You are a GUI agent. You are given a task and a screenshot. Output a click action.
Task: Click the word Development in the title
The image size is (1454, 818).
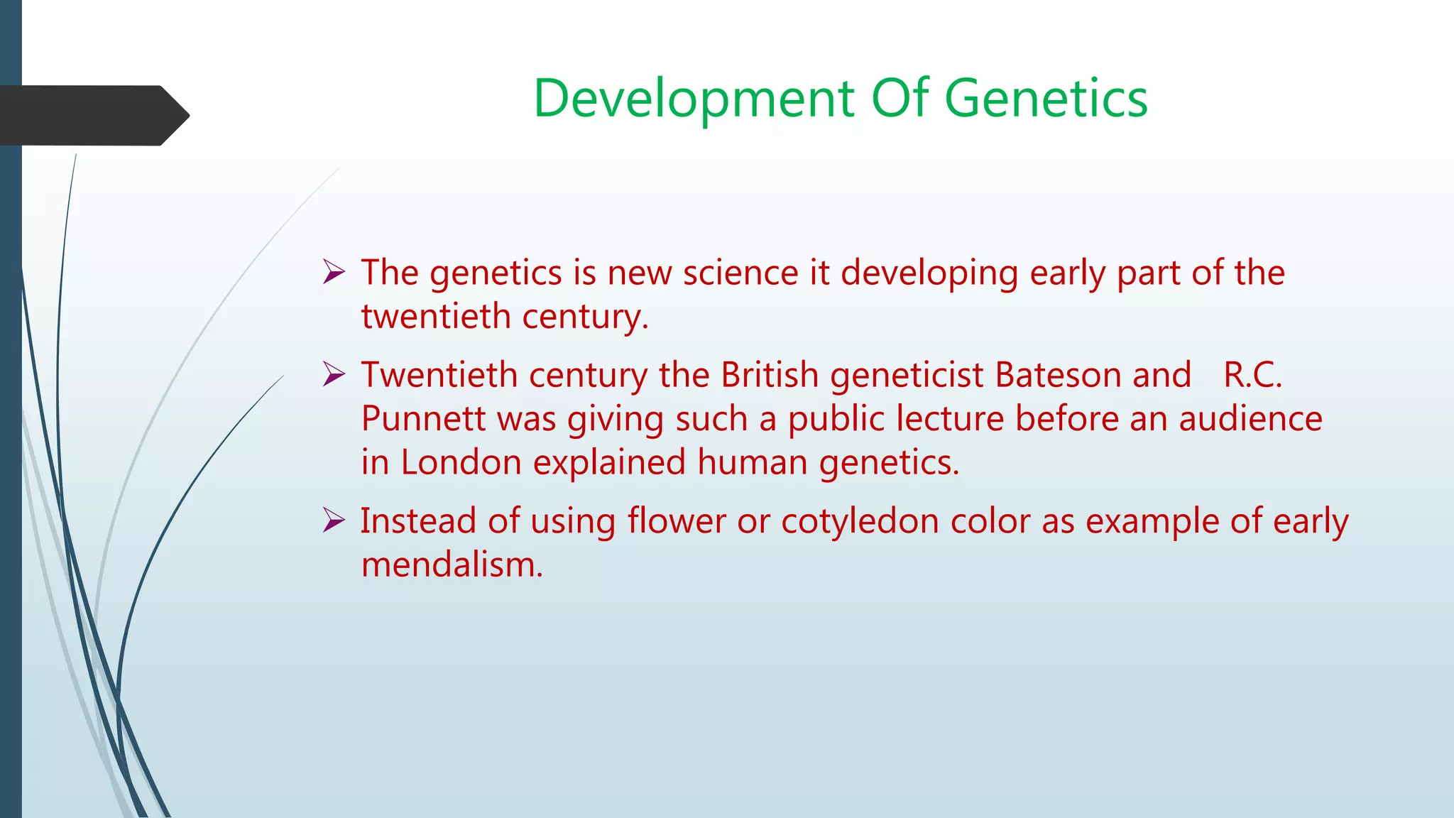coord(694,99)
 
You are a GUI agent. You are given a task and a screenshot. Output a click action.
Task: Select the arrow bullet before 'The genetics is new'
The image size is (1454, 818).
coord(334,272)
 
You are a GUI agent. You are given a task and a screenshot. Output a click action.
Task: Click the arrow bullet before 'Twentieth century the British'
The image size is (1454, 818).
coord(334,374)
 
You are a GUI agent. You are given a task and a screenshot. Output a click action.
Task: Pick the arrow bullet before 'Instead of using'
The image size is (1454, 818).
coord(334,520)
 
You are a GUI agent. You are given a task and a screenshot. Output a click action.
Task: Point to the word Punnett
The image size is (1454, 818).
coord(423,418)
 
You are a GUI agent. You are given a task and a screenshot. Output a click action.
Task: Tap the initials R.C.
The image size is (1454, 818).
coord(1252,375)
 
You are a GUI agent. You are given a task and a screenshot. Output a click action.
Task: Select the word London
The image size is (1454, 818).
coord(461,462)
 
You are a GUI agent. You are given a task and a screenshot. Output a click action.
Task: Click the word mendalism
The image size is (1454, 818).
coord(452,565)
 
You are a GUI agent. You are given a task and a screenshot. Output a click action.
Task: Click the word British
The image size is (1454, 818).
coord(770,375)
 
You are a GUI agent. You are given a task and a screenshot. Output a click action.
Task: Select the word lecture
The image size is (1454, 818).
coord(950,418)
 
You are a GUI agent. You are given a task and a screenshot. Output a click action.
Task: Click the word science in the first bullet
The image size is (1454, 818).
coord(740,273)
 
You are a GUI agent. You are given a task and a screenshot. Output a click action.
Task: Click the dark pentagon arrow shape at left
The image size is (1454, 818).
coord(92,115)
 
